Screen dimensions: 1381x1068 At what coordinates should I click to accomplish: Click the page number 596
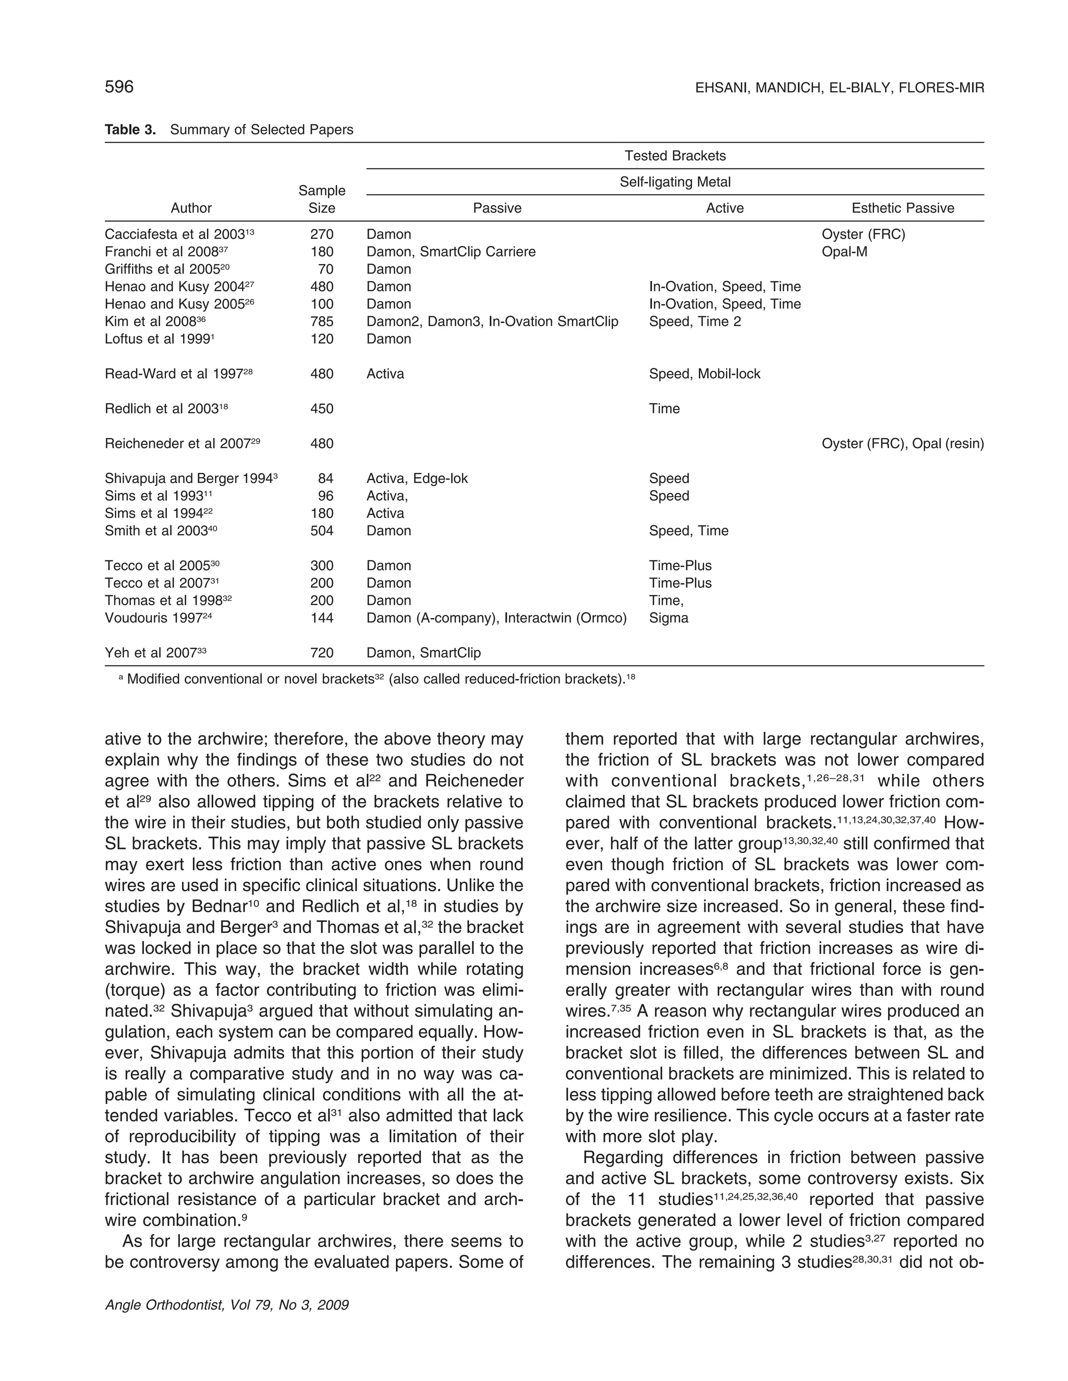click(119, 87)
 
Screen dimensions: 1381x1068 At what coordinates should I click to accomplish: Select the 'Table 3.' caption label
click(130, 130)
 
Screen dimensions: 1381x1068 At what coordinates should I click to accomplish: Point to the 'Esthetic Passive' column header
click(902, 208)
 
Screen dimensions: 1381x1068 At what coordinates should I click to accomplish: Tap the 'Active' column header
click(724, 208)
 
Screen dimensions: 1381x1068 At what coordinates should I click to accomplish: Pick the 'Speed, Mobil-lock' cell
click(704, 374)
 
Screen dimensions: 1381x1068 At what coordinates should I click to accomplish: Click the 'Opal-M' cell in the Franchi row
click(844, 252)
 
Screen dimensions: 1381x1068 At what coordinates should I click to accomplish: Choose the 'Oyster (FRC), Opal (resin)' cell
click(902, 444)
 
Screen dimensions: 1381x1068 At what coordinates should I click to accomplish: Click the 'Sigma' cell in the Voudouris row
click(668, 618)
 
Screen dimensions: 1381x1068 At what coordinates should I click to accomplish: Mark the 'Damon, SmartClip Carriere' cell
click(451, 252)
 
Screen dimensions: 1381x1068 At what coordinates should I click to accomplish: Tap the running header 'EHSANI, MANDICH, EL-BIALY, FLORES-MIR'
click(839, 88)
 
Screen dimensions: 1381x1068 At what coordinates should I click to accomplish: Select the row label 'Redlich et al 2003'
click(166, 409)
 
